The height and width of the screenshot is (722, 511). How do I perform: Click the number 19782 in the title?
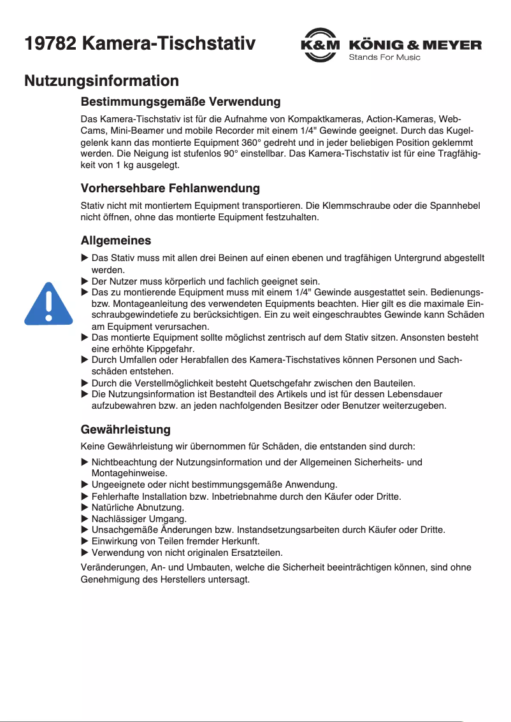tap(50, 44)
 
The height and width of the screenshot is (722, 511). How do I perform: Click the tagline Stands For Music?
tap(384, 58)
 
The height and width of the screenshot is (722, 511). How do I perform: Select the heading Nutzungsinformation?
tap(101, 81)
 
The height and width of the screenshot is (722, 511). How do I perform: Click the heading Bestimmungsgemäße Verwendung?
tap(180, 102)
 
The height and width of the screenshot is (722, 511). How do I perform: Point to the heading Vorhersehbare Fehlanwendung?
tap(170, 188)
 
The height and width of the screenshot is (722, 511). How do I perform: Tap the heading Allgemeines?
tap(115, 241)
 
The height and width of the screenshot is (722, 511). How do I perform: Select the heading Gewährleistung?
tap(126, 429)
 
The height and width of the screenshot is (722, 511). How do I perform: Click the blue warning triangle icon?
tap(48, 303)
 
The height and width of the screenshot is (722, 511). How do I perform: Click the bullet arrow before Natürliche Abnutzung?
tap(85, 507)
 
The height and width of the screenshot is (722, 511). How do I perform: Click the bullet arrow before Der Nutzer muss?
tap(85, 281)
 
